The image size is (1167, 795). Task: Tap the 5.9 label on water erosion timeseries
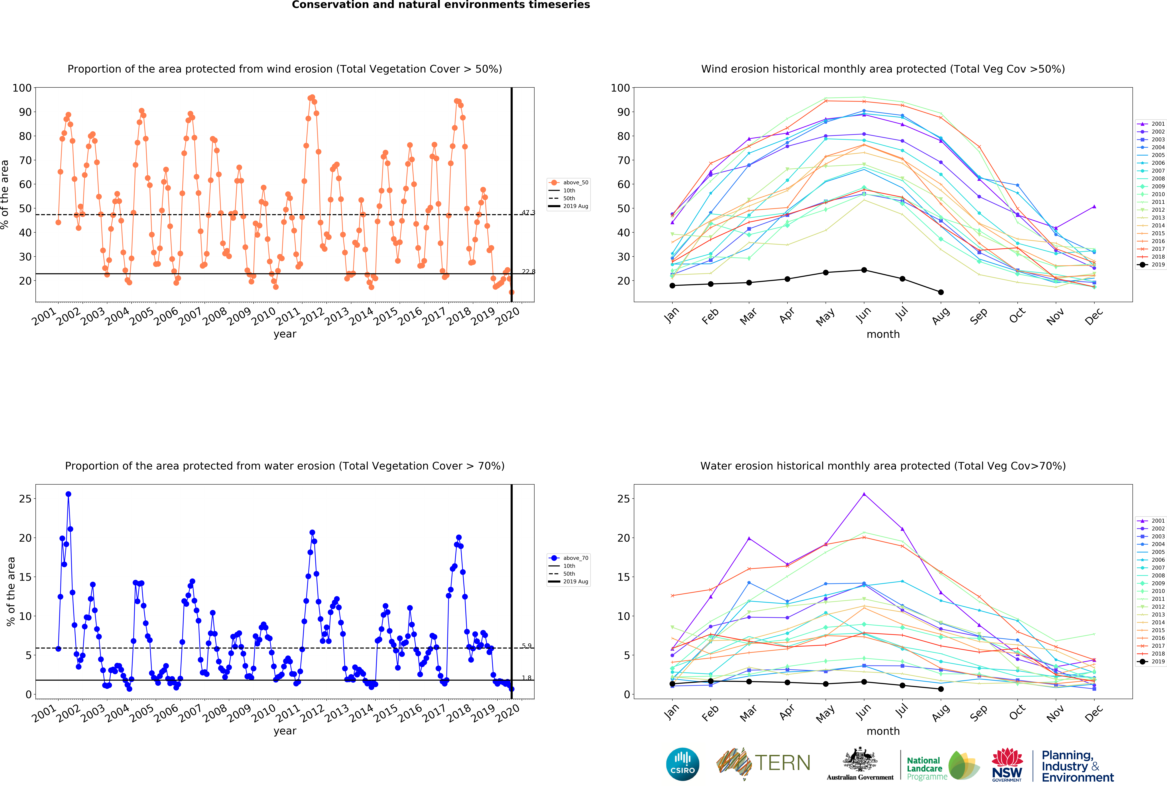point(526,646)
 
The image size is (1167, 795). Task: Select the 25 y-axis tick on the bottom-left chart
point(25,499)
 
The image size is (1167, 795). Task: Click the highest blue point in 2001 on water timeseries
point(68,494)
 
